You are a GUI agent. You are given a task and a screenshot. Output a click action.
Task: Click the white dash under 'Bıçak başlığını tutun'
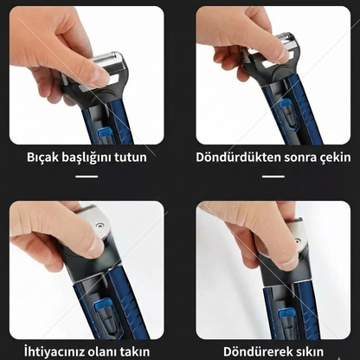[x=87, y=177]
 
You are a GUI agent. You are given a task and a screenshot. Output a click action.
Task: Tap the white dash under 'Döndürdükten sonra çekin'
[x=273, y=177]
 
